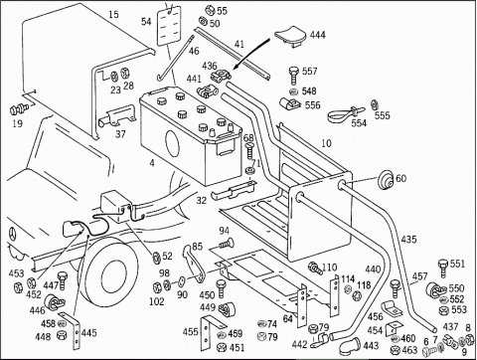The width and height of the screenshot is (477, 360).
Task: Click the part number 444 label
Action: pos(318,35)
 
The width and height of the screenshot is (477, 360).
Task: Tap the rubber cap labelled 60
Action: pos(386,179)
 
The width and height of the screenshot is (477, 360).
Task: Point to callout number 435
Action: pos(408,239)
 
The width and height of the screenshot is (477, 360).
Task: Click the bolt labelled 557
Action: pos(293,75)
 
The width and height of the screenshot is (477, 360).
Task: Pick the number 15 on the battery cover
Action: pos(113,15)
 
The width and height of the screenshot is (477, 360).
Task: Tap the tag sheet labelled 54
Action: pos(169,26)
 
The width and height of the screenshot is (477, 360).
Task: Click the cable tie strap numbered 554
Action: pos(346,112)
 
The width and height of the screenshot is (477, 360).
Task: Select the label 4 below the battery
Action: pos(152,163)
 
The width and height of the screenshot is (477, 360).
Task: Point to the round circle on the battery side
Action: pos(172,144)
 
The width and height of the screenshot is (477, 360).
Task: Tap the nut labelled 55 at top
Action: pos(209,10)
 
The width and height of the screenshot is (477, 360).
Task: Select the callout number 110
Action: pos(329,268)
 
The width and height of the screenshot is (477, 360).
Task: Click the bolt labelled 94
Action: pos(227,244)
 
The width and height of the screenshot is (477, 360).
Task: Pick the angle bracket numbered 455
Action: pos(209,331)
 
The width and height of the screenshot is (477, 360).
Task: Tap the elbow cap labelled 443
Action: pos(349,345)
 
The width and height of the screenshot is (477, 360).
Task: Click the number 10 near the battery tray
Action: pos(326,143)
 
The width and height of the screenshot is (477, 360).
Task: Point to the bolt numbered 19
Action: pos(18,108)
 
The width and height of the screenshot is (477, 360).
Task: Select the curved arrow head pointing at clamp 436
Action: pos(235,67)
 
